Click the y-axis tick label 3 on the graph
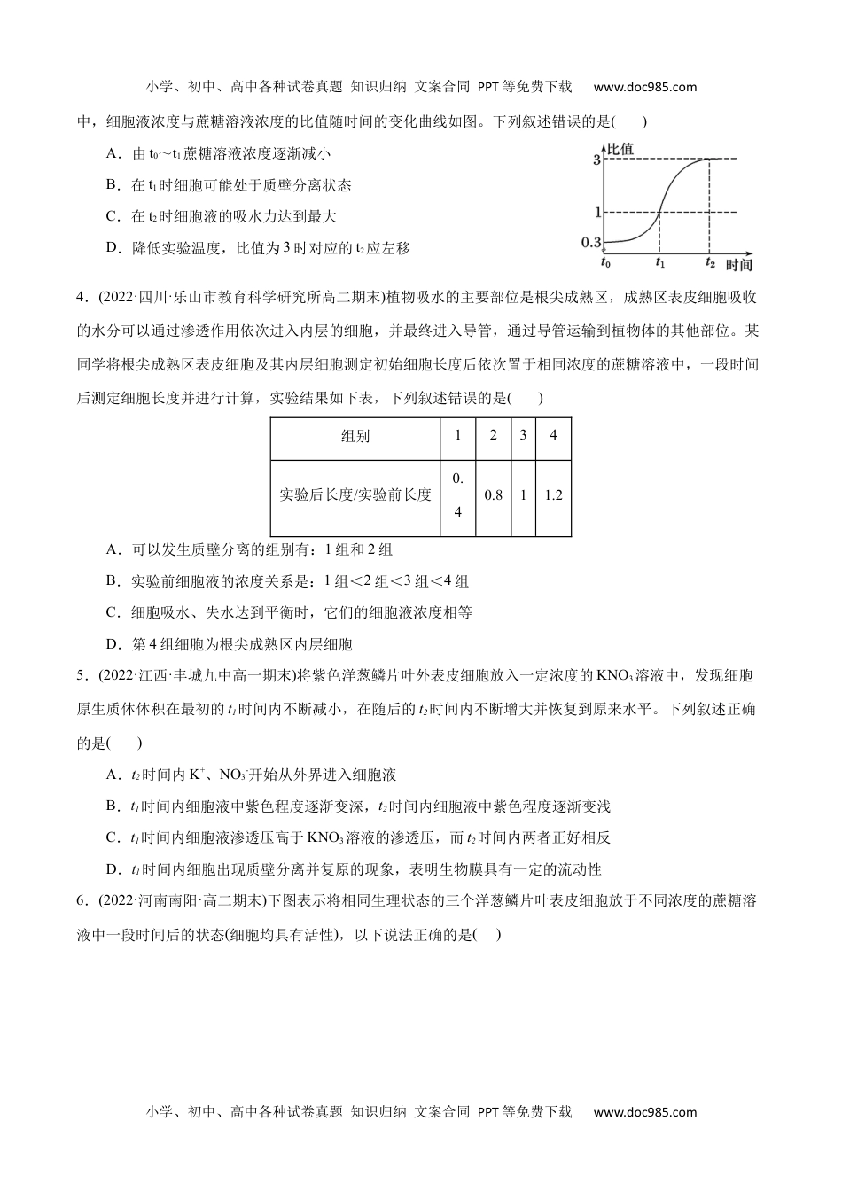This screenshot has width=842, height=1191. pos(597,160)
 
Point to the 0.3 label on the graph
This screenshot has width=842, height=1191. pos(591,241)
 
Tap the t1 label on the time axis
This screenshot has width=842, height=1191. pos(660,262)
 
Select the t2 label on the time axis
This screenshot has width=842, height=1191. pos(710,262)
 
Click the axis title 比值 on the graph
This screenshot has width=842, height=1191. pos(620,148)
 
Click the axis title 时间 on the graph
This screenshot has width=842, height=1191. pos(738,265)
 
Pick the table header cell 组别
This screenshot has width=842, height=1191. pos(355,437)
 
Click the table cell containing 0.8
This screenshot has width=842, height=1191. pos(494,495)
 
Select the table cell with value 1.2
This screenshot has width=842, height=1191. pos(553,495)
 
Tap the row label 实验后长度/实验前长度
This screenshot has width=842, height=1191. pos(355,495)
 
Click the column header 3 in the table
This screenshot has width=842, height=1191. pos(523,436)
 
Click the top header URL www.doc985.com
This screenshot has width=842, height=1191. pos(644,87)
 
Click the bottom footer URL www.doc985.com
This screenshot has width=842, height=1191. pos(644,1112)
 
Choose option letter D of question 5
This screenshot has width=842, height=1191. pos(113,869)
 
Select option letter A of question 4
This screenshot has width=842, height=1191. pos(113,549)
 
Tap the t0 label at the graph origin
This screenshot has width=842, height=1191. pos(605,262)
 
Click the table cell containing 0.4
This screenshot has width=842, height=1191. pos(457,495)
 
